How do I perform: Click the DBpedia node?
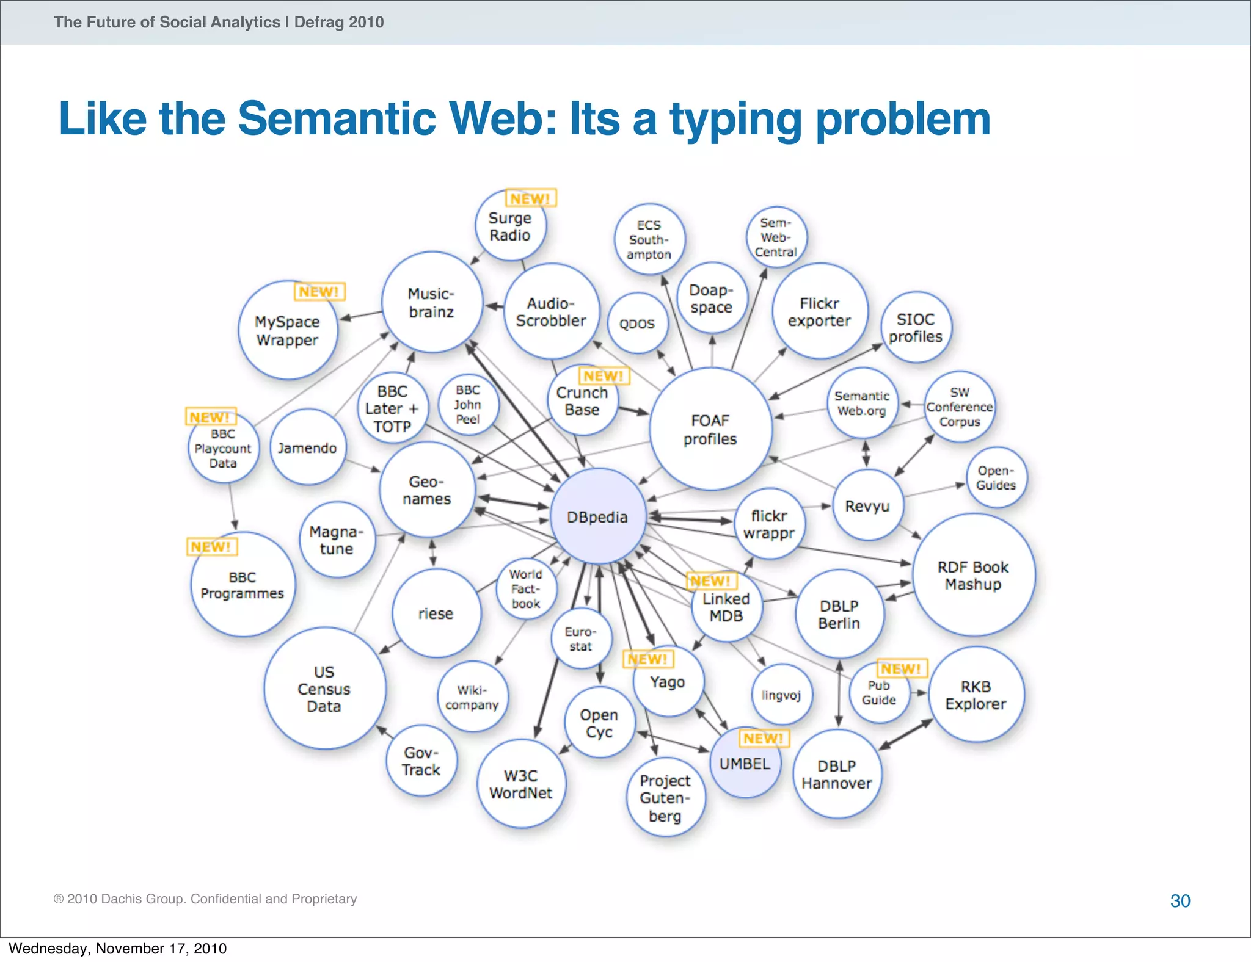click(597, 516)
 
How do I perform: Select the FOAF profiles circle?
click(710, 429)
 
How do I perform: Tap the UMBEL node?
click(745, 764)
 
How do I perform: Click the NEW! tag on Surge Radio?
click(530, 198)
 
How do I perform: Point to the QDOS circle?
click(637, 324)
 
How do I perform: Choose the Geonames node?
click(427, 490)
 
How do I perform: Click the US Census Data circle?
click(324, 689)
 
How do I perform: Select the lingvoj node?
click(781, 695)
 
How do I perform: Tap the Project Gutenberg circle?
click(665, 798)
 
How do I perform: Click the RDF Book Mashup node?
click(973, 576)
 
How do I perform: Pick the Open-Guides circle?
click(996, 478)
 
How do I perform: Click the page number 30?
click(1180, 901)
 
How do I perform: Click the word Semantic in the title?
click(337, 118)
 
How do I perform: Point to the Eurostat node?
click(580, 638)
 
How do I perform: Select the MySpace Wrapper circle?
click(287, 331)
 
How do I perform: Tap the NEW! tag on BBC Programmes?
click(211, 546)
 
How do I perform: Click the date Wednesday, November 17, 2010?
click(118, 949)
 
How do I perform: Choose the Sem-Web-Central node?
click(776, 237)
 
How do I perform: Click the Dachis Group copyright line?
click(205, 899)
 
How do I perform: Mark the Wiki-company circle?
click(472, 697)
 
